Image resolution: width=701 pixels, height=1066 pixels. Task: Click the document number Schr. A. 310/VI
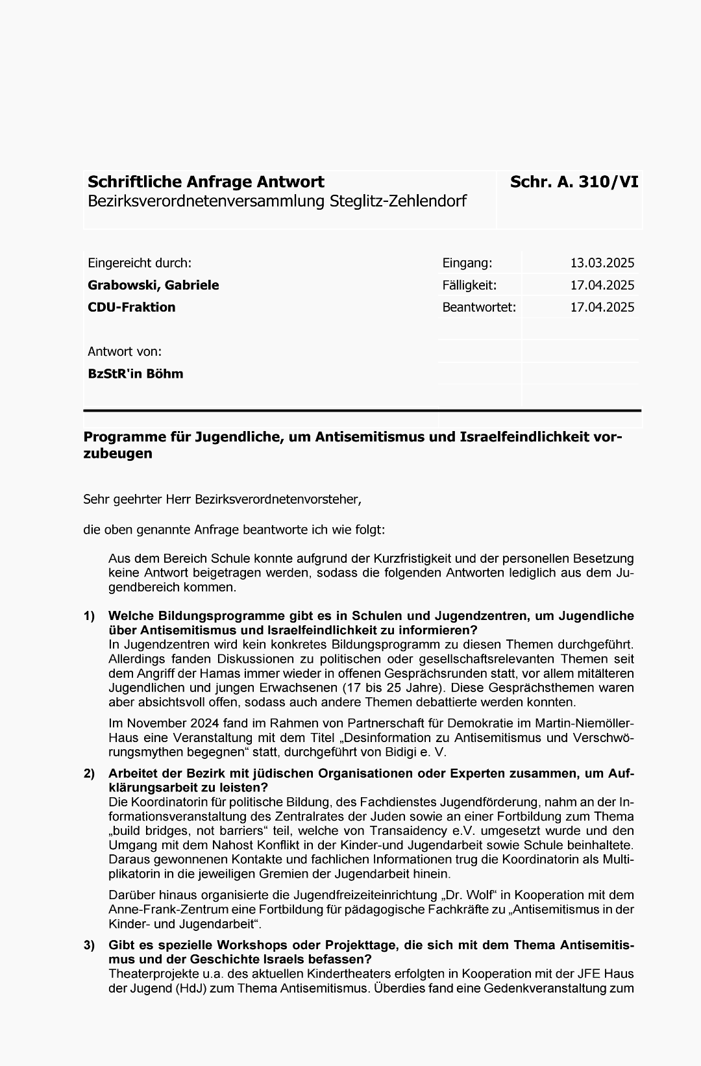point(574,182)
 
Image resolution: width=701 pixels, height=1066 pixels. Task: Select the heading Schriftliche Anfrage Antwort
point(206,182)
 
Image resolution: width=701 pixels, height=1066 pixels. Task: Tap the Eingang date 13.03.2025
point(602,263)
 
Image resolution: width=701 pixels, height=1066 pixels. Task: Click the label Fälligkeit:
point(469,285)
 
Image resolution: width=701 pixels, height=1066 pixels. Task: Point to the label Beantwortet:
point(479,307)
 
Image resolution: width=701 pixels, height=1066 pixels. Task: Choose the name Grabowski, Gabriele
point(153,285)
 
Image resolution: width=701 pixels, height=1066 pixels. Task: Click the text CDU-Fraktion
point(132,307)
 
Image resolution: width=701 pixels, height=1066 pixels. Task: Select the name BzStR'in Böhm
point(136,373)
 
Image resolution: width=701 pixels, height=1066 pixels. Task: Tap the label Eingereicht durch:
point(140,263)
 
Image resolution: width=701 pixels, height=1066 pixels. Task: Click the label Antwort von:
point(125,351)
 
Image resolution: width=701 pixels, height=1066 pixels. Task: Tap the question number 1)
point(89,615)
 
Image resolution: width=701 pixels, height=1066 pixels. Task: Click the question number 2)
point(89,773)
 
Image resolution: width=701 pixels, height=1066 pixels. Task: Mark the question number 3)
point(89,945)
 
